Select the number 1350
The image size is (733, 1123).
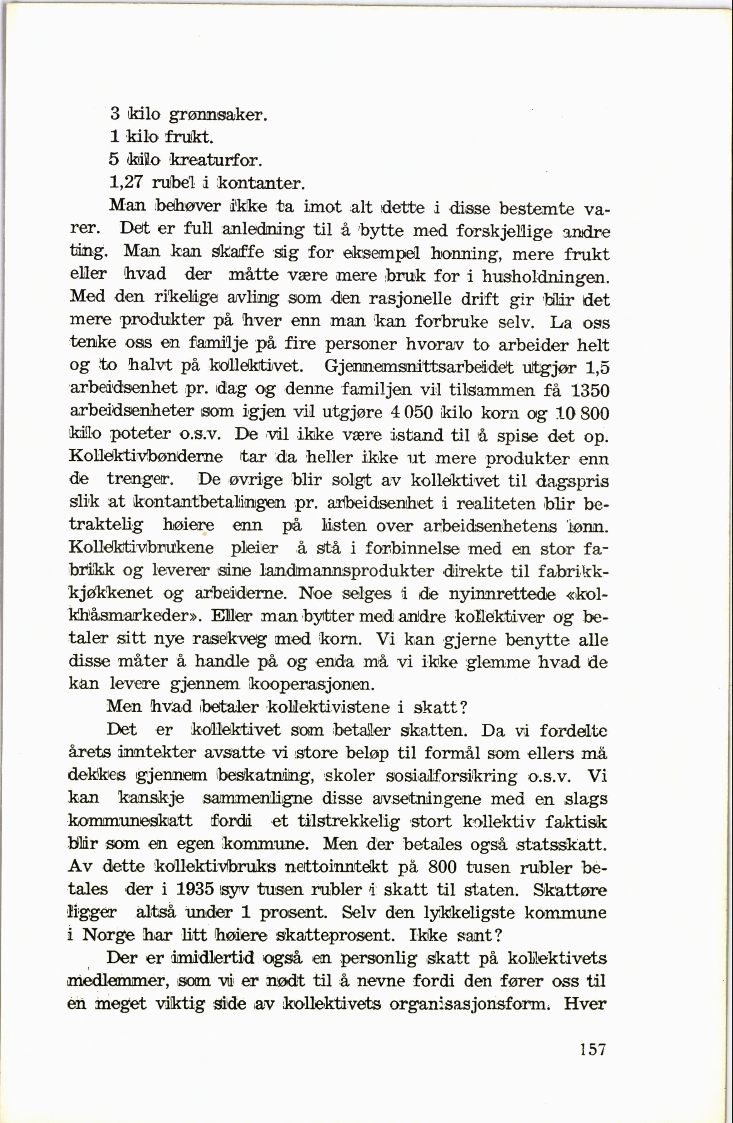(x=590, y=390)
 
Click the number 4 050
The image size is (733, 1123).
(x=412, y=413)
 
